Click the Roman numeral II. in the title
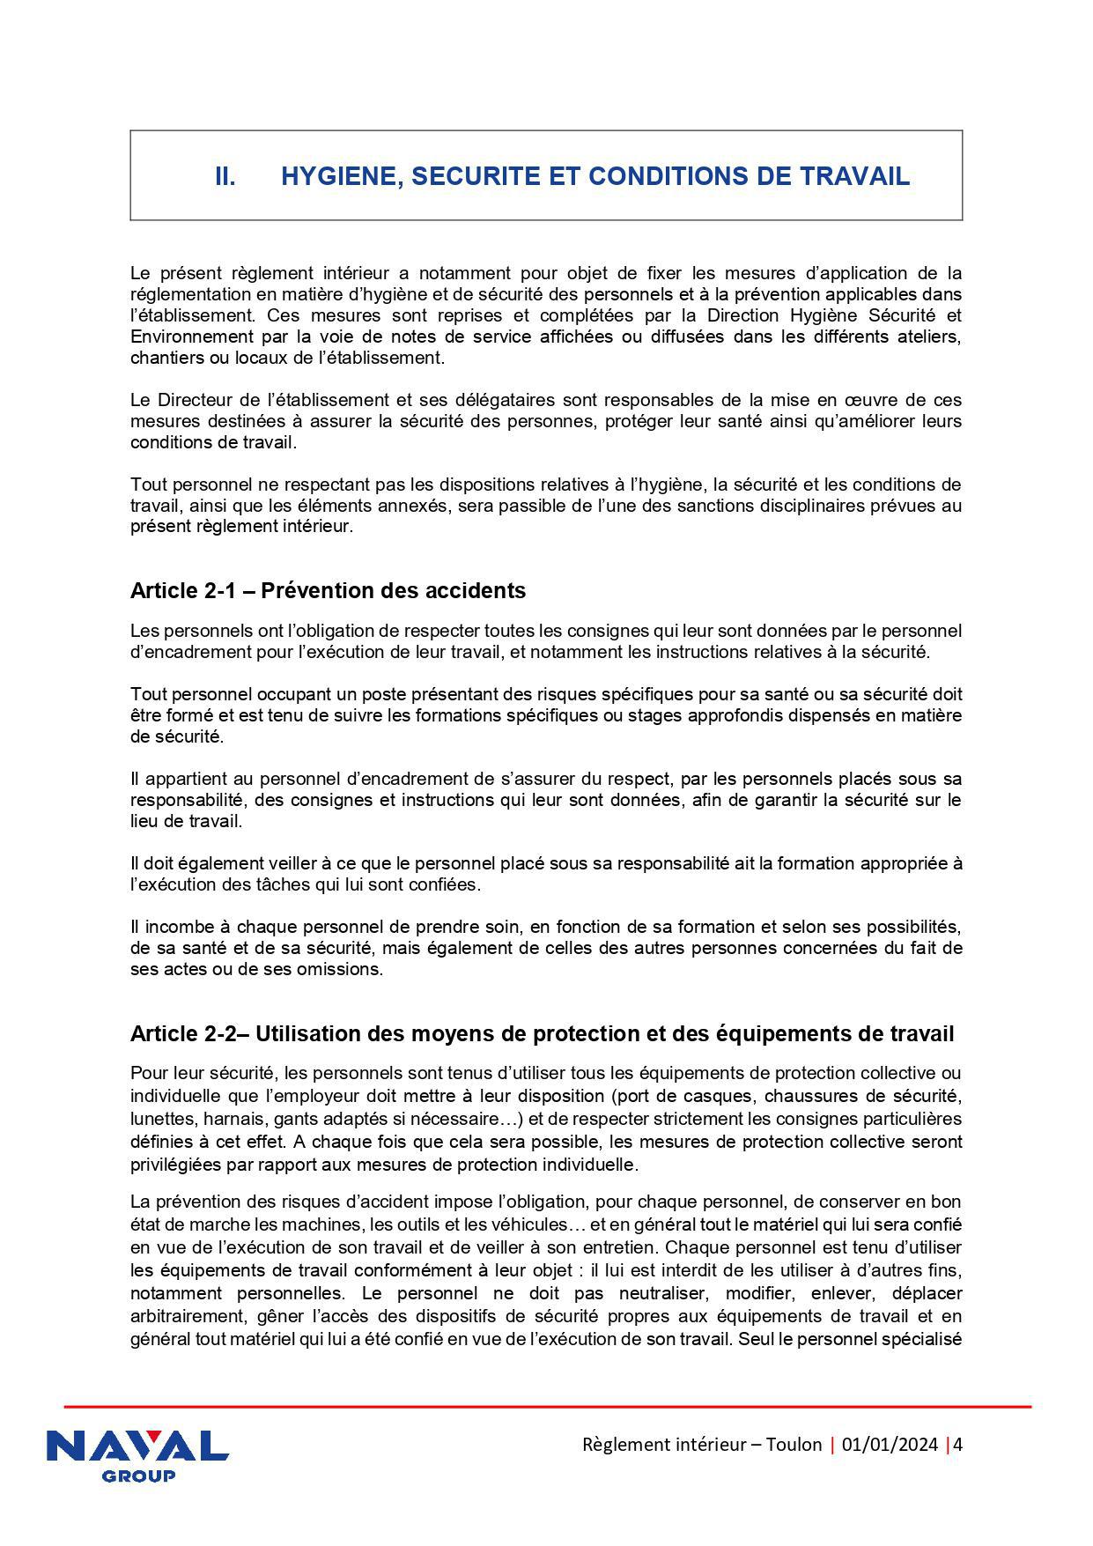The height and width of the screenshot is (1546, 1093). pos(225,176)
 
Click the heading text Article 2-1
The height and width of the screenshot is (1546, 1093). pos(181,590)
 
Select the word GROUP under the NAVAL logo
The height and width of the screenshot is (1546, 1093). pos(138,1476)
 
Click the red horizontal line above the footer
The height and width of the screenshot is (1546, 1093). pos(546,1407)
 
